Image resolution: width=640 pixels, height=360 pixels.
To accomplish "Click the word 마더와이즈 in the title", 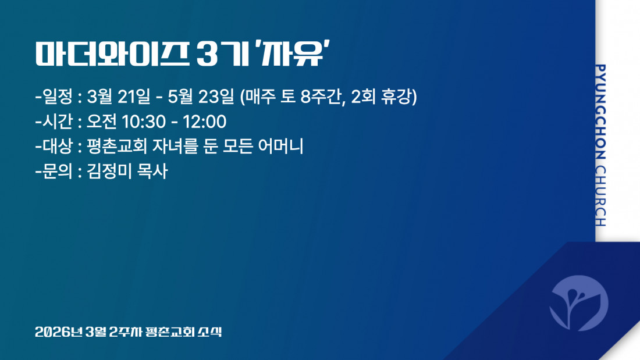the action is [x=112, y=54].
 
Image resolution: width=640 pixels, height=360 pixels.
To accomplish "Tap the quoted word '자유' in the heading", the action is [x=291, y=54].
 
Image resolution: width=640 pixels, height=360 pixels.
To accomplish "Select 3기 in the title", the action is [x=222, y=54].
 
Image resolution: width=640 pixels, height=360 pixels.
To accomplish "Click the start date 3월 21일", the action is [x=118, y=97].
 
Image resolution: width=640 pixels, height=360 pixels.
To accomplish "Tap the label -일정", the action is [x=54, y=97].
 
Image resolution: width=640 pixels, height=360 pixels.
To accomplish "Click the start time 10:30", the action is [x=144, y=122].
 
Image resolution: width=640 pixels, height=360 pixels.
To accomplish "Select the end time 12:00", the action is [x=204, y=122].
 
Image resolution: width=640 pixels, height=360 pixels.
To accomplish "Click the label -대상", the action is [x=54, y=146].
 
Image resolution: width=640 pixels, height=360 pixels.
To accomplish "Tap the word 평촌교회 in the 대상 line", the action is [x=117, y=146].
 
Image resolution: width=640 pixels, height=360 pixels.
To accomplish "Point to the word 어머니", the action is [x=281, y=146].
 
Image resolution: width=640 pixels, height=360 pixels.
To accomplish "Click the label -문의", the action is [x=54, y=171].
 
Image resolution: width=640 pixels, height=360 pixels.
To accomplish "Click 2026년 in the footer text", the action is [x=59, y=332].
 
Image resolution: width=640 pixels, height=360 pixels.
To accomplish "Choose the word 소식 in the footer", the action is [x=210, y=332].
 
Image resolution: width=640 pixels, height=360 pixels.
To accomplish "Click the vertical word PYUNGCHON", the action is [x=600, y=112].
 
